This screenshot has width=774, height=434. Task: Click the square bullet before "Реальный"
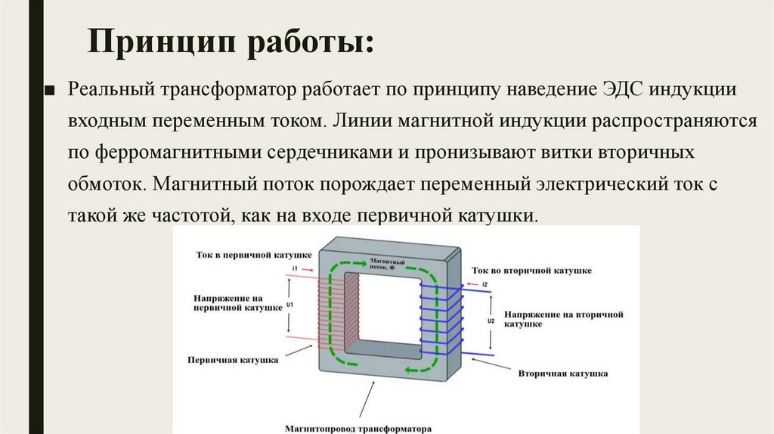pos(50,90)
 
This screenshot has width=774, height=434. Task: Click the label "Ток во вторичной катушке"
pos(531,270)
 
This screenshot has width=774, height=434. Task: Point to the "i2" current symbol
pos(485,284)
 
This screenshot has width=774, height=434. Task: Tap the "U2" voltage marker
pos(491,321)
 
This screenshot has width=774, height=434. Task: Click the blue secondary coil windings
pos(440,321)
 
